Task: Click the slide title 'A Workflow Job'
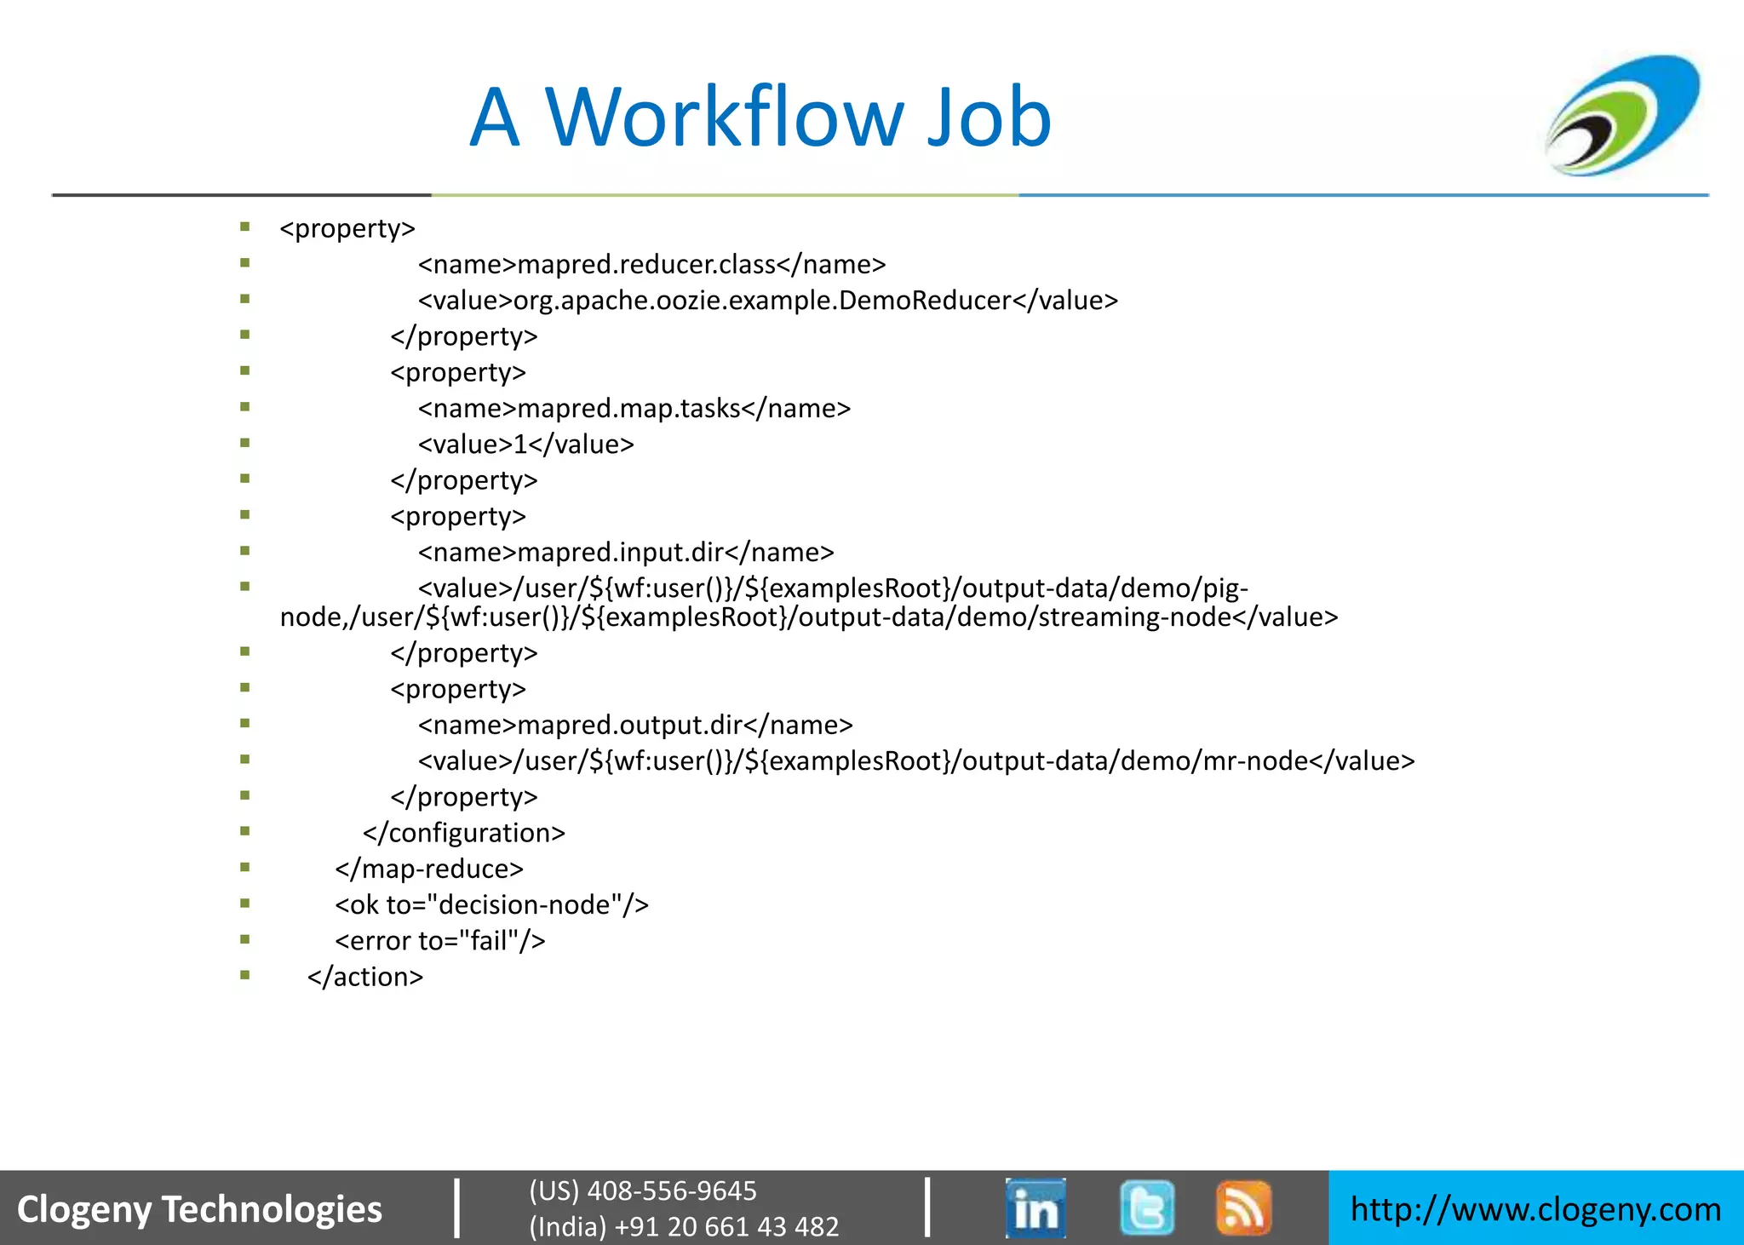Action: [x=760, y=118]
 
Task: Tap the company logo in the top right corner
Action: [x=1622, y=116]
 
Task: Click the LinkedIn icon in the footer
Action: [x=1035, y=1208]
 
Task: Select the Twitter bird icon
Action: [x=1146, y=1208]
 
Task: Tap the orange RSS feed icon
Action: [x=1243, y=1208]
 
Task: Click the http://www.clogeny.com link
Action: [x=1535, y=1209]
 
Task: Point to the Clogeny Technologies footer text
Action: [x=200, y=1209]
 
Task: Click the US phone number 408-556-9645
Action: [x=642, y=1190]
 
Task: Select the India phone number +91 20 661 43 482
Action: [x=683, y=1226]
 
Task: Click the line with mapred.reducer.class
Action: [x=651, y=265]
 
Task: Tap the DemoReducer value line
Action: [x=767, y=301]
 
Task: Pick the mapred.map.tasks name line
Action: [x=634, y=409]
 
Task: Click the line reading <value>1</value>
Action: [x=525, y=445]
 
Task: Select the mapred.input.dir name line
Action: [x=625, y=553]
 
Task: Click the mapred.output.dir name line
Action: [x=634, y=725]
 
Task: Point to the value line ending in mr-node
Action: [x=915, y=760]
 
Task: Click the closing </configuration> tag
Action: [x=463, y=833]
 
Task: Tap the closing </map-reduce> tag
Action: [x=429, y=869]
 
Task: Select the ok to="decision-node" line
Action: [x=491, y=904]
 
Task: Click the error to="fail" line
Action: [x=439, y=941]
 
